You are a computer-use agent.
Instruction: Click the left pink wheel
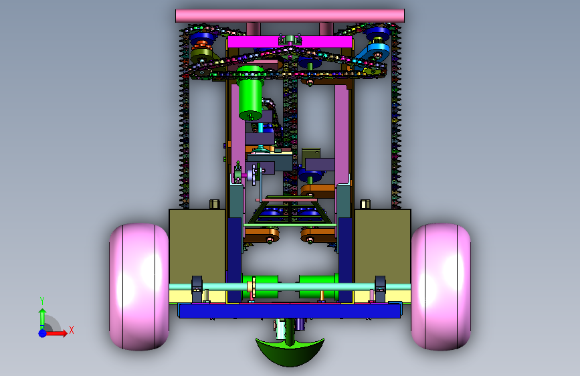pos(139,287)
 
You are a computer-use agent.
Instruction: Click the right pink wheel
pos(441,287)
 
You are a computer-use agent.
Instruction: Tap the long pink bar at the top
pos(290,16)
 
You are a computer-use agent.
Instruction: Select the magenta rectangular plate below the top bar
pos(290,42)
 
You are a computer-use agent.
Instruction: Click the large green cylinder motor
pos(251,93)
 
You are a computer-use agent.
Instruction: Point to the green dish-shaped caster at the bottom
pos(290,351)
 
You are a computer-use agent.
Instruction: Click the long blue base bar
pos(290,311)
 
